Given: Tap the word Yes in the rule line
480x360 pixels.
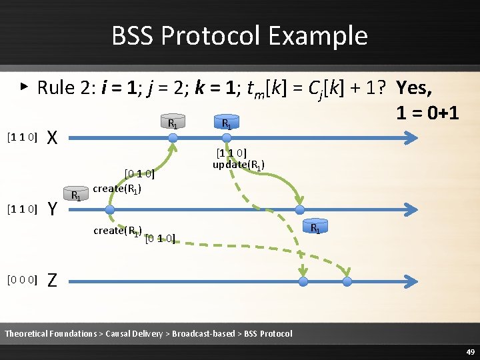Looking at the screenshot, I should click(414, 87).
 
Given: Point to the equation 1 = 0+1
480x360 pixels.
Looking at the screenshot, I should click(427, 112).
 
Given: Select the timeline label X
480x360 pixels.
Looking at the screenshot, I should click(55, 138).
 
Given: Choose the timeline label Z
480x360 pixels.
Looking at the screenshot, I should click(55, 281).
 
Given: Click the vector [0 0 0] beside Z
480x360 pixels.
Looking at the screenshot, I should click(21, 279).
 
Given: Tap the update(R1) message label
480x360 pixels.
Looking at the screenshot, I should click(239, 165).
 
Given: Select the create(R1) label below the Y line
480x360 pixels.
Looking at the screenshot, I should click(118, 231).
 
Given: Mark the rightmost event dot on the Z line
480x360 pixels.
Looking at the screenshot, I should click(347, 282).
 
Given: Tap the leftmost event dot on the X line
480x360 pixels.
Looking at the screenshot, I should click(173, 138).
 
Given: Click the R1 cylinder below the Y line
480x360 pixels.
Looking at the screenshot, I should click(317, 228).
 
